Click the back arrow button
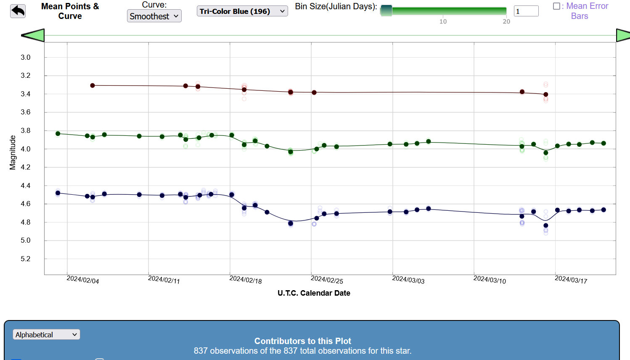coord(18,11)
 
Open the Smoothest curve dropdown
coord(154,16)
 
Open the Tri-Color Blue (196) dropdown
coord(242,11)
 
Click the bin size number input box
coord(526,11)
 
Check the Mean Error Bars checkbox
coord(556,6)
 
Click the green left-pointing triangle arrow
coord(33,35)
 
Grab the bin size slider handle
coord(386,11)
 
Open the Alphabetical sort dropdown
coord(46,335)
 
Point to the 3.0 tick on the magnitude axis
coord(26,58)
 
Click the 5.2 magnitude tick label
coord(26,259)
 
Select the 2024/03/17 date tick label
coord(571,280)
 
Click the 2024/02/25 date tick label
coord(327,280)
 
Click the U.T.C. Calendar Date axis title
coord(314,293)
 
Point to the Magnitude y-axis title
coord(13,153)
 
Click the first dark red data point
coord(93,85)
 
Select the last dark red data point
coord(546,95)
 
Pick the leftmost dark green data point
coord(58,134)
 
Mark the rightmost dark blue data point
coord(604,210)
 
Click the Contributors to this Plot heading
coord(302,341)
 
